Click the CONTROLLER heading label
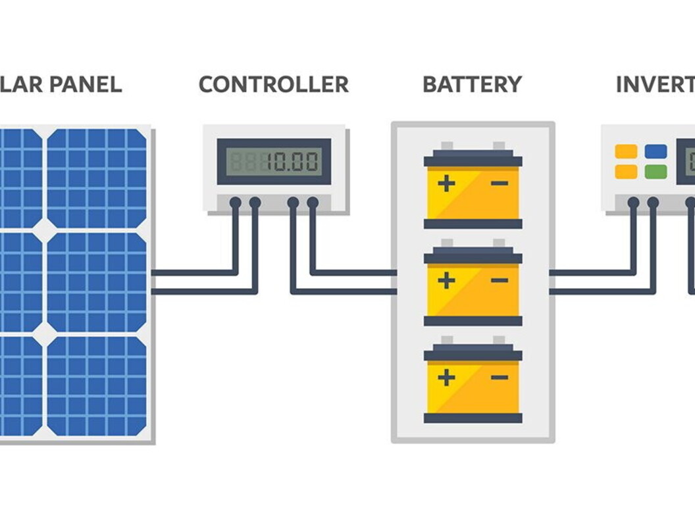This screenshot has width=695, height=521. [273, 84]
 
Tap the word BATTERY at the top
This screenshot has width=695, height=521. [472, 84]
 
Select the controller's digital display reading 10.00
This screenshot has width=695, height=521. [274, 161]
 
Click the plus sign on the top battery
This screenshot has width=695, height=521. [447, 184]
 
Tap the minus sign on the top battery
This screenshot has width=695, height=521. [500, 183]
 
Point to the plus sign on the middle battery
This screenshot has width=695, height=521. [447, 281]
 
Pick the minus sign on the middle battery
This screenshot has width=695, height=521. [500, 281]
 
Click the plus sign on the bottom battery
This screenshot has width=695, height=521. [447, 378]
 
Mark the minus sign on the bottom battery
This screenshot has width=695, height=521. [500, 378]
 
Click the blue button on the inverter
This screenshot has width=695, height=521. [656, 151]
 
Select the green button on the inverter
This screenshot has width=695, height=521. [656, 172]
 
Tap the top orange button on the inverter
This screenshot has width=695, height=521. [626, 151]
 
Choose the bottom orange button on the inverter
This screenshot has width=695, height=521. [626, 172]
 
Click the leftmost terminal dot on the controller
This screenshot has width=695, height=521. [235, 203]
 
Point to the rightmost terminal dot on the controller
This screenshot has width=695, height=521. [313, 203]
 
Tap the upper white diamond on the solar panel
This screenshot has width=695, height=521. [45, 230]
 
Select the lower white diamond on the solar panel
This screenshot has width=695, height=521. [45, 334]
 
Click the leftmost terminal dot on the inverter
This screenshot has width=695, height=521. [633, 203]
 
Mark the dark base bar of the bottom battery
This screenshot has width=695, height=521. [473, 418]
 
